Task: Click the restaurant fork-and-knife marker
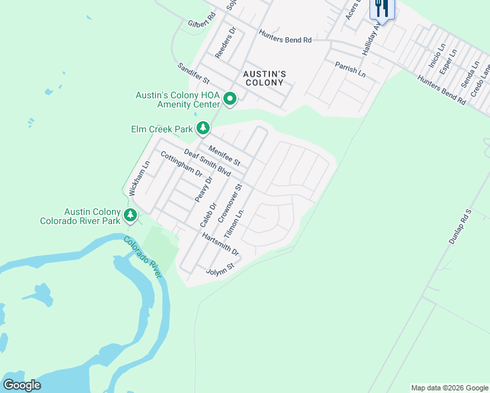point(382,9)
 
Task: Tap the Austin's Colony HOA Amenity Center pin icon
point(230,100)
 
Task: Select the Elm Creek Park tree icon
point(204,128)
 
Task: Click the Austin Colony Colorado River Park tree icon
point(130,215)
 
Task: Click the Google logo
point(22,385)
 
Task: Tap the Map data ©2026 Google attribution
point(449,388)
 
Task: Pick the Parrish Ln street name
point(350,69)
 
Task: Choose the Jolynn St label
point(220,269)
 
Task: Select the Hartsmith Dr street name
point(220,244)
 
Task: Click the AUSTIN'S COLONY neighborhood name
point(263,79)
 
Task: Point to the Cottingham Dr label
point(181,164)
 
